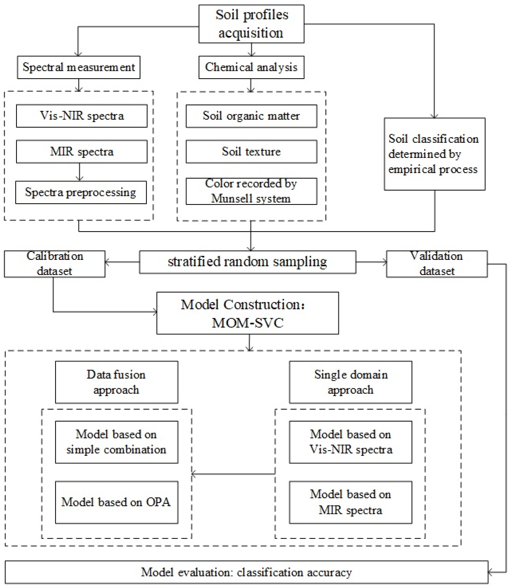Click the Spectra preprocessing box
pyautogui.click(x=81, y=193)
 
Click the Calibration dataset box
pyautogui.click(x=55, y=264)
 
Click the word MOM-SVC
pyautogui.click(x=248, y=323)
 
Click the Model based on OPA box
pyautogui.click(x=117, y=502)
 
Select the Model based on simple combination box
pyautogui.click(x=117, y=442)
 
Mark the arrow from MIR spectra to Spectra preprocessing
pyautogui.click(x=80, y=172)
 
